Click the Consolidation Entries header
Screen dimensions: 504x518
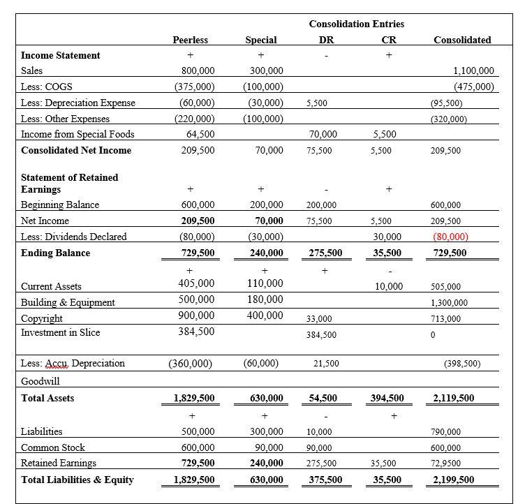[356, 24]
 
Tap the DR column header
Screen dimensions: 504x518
[326, 40]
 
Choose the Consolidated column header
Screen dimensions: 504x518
[462, 40]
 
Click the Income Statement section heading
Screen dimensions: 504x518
[61, 55]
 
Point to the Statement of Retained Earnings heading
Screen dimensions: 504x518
[70, 183]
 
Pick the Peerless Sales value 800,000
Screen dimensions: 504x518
[198, 71]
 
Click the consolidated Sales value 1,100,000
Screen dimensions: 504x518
[473, 71]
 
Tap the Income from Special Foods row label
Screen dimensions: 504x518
[77, 134]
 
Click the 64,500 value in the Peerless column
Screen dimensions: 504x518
[200, 134]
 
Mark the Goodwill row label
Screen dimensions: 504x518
[40, 382]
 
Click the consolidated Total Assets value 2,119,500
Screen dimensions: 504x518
[453, 399]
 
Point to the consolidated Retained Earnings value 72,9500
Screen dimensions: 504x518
[452, 464]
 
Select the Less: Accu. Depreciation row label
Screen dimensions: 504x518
[73, 363]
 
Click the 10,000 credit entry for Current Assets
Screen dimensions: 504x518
[389, 286]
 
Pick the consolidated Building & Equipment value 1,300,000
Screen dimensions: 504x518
[450, 303]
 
